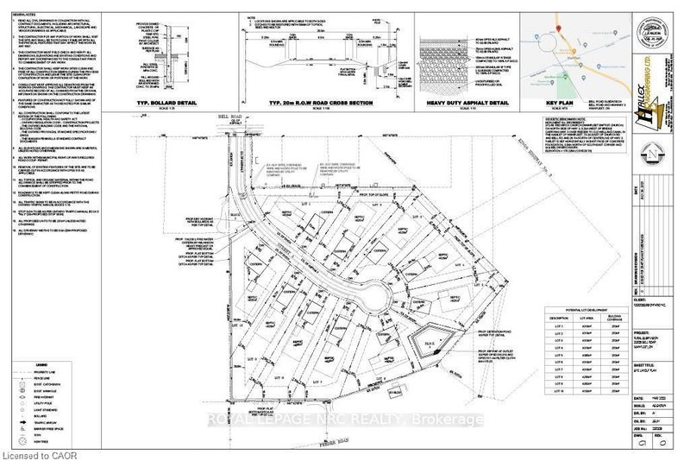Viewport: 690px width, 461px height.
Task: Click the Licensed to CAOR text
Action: [40, 452]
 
